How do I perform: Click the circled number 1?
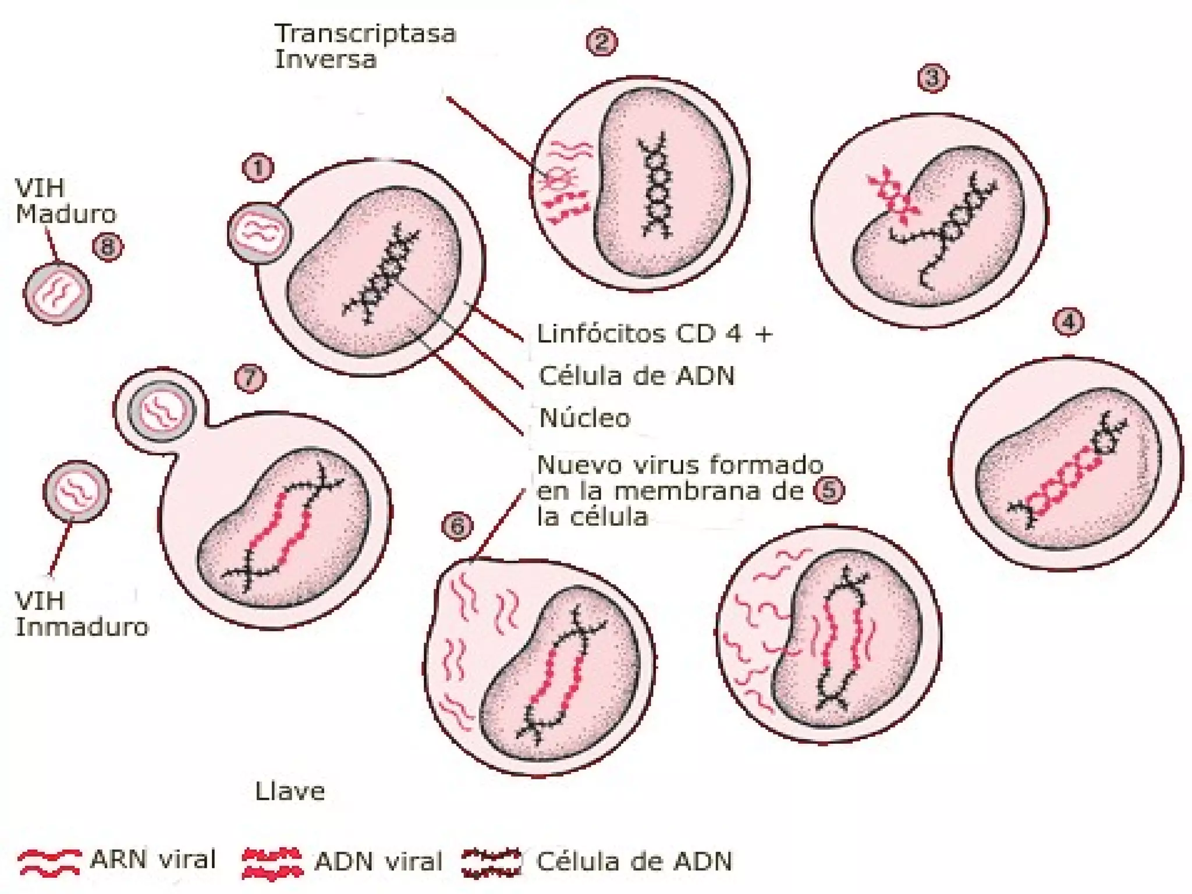[258, 168]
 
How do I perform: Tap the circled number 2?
[601, 42]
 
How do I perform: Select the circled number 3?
[932, 77]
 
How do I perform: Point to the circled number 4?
[1069, 322]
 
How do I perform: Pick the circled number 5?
[829, 490]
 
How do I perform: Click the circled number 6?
[457, 526]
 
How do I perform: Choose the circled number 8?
[108, 247]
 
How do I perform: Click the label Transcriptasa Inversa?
[365, 47]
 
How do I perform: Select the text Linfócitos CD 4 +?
[655, 334]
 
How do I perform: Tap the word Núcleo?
[585, 418]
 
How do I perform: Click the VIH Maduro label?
[65, 201]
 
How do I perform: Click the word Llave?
[290, 792]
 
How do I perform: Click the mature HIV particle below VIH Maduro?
[57, 293]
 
